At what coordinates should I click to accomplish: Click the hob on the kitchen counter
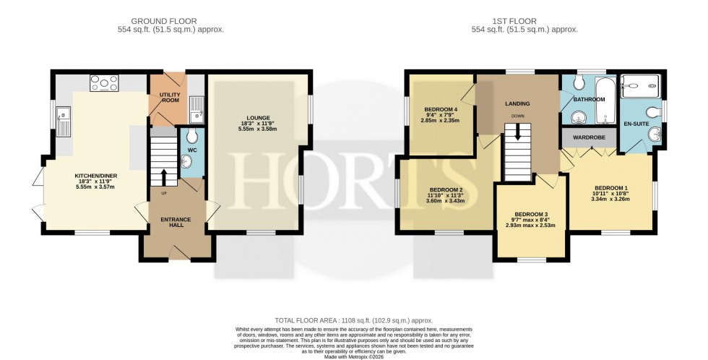[x=104, y=84]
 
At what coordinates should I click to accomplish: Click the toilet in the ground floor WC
[x=191, y=137]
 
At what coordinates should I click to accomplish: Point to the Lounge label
[x=257, y=118]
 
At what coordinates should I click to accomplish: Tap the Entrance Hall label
[x=172, y=221]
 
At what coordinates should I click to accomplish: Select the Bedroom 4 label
[x=441, y=110]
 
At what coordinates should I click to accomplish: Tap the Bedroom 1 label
[x=610, y=189]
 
